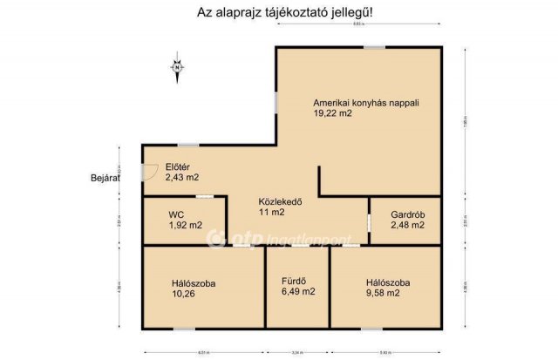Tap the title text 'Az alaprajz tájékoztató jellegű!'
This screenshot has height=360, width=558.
[279, 13]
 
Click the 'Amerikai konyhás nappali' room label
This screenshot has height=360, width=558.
[366, 102]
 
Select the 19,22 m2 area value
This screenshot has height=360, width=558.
[334, 113]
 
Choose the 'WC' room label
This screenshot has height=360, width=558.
[177, 214]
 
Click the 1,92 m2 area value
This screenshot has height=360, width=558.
[185, 225]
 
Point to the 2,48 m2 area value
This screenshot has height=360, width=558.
[407, 225]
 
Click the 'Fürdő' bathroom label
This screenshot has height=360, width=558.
[292, 281]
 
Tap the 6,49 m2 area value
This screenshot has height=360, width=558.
[297, 292]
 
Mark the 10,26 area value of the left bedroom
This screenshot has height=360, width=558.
[184, 294]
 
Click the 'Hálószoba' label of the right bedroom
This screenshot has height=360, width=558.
[389, 282]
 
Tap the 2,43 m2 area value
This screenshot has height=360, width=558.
[181, 177]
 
